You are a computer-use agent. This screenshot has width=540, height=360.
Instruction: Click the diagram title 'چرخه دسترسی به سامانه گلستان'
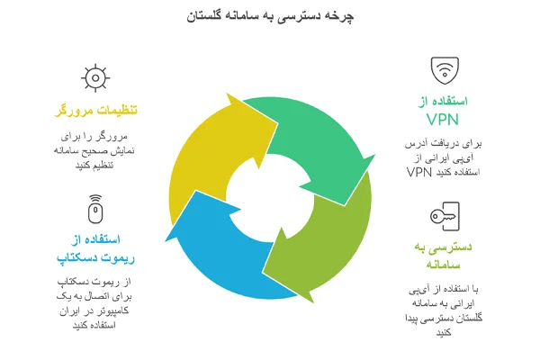[269, 17]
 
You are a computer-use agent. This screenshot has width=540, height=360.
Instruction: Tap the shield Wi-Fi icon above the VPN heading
[443, 69]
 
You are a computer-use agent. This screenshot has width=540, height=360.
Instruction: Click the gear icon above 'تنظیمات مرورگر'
[94, 78]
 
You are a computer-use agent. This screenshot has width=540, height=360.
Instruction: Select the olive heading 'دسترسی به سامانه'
[442, 255]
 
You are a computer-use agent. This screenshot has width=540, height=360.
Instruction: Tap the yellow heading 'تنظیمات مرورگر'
[94, 111]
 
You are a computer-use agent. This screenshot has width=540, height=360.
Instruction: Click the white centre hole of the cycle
[269, 191]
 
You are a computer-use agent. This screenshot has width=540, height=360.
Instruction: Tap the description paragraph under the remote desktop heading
[94, 302]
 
